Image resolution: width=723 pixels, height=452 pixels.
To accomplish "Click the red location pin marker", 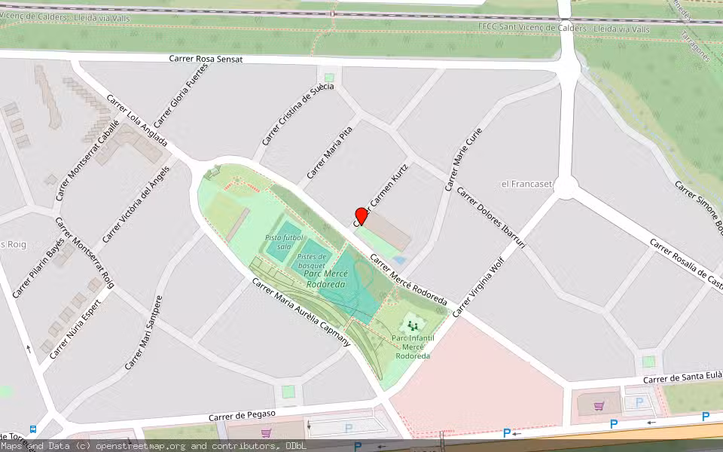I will coord(361,216).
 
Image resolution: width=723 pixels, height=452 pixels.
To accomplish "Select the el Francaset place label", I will coord(526,184).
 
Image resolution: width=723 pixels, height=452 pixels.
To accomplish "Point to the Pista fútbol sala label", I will coord(284,242).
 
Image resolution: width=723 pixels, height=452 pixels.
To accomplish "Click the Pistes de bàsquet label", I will coord(310,261).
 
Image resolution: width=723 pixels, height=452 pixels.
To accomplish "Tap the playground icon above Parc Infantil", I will coord(412,325).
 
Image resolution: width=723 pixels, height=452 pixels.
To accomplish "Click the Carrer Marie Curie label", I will coord(462,158).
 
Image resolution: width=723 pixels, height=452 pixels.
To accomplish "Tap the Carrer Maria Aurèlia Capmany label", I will coord(301,312).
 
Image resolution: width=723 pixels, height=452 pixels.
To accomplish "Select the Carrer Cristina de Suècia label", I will coord(297,114).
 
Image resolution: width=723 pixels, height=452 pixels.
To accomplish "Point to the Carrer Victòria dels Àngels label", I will coord(136,203).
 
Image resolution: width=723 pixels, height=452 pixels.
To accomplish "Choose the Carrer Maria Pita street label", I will coord(329,154).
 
